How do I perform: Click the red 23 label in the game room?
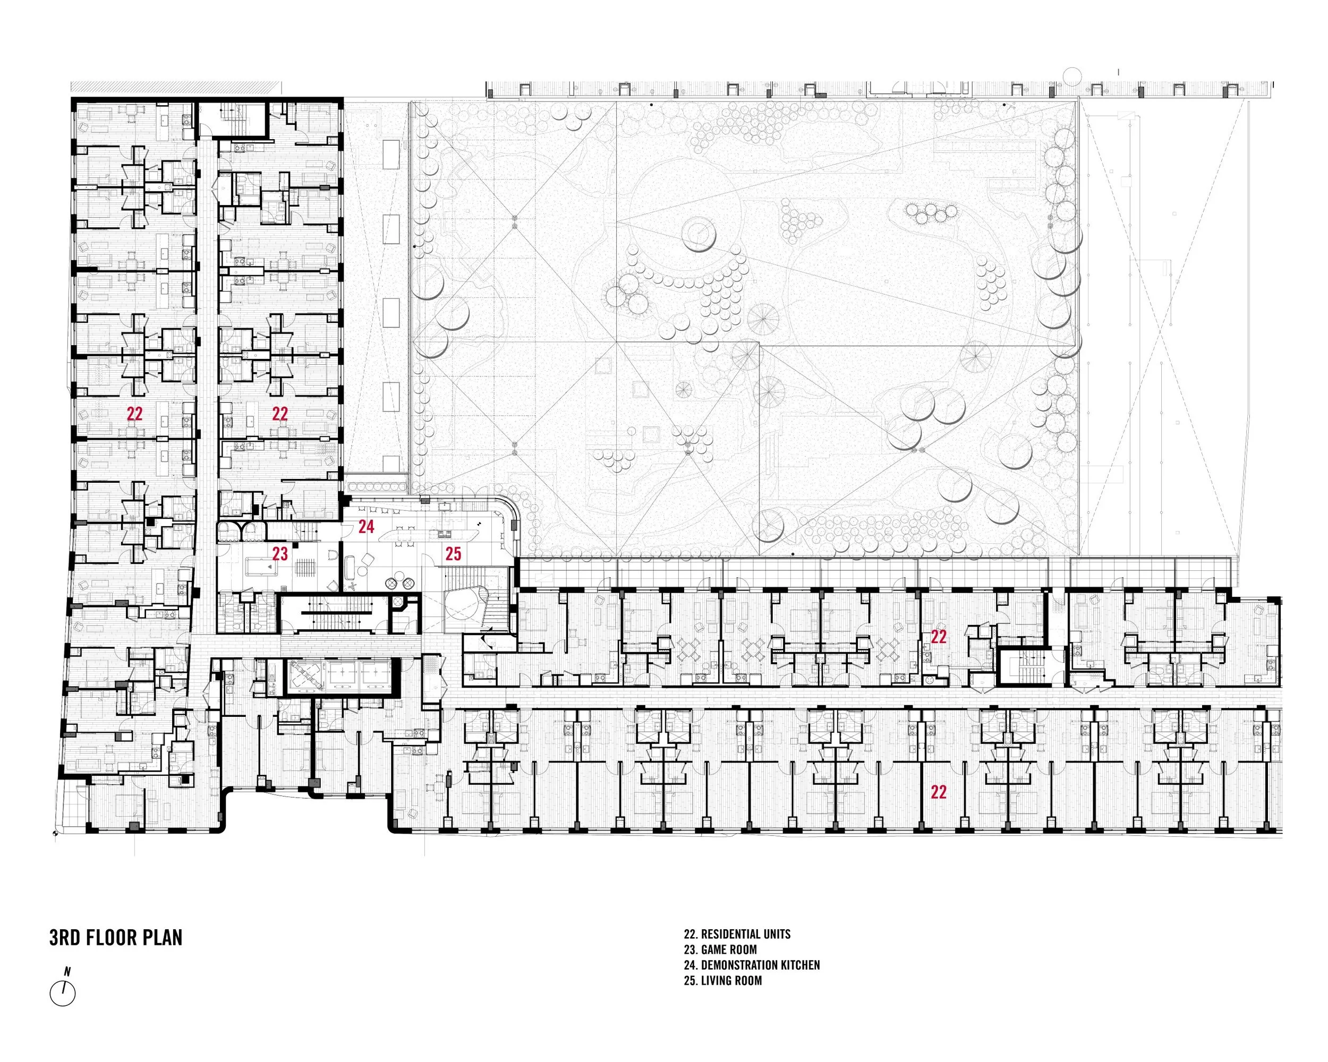click(280, 554)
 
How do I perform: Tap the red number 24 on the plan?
click(367, 526)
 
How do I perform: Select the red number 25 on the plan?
click(453, 554)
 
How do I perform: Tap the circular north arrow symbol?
click(63, 994)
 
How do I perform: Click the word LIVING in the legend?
click(715, 980)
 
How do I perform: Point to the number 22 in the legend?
click(689, 934)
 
